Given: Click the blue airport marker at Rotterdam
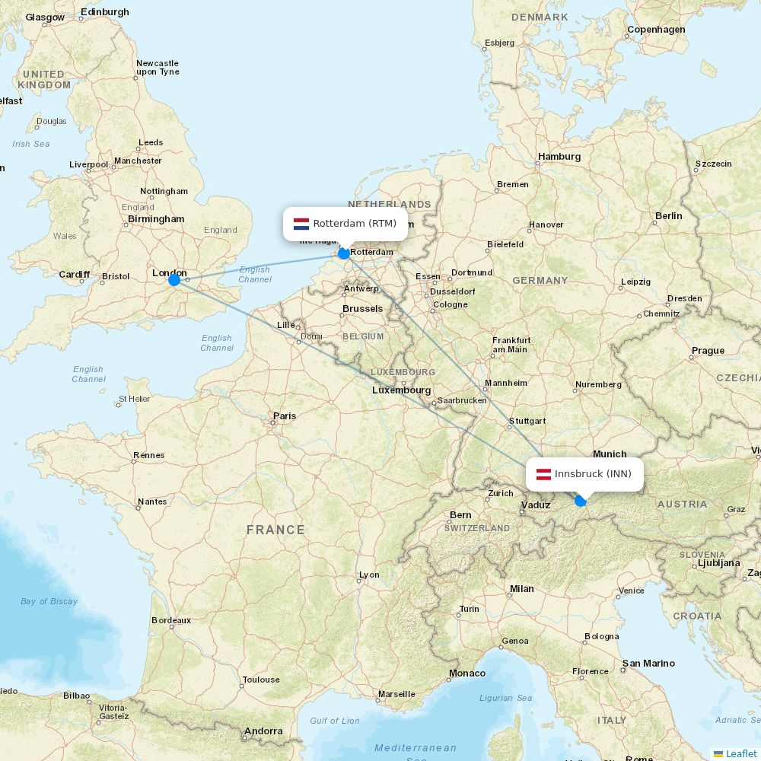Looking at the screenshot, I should pyautogui.click(x=344, y=253).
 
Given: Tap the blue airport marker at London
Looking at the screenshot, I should pyautogui.click(x=174, y=280).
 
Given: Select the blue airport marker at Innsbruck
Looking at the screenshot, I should pyautogui.click(x=581, y=500).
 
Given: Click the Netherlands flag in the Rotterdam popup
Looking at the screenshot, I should pyautogui.click(x=301, y=224).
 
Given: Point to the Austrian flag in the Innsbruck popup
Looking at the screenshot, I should pyautogui.click(x=543, y=474).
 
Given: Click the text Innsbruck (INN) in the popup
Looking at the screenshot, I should pyautogui.click(x=593, y=474).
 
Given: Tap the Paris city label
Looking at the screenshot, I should pyautogui.click(x=285, y=416).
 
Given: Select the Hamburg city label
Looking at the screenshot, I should pyautogui.click(x=559, y=157).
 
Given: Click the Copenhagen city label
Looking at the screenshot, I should pyautogui.click(x=656, y=30).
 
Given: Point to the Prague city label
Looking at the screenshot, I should pyautogui.click(x=708, y=351).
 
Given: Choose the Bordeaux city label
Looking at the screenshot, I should pyautogui.click(x=171, y=620).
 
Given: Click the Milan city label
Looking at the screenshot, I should pyautogui.click(x=522, y=589).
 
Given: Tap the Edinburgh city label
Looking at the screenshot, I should pyautogui.click(x=105, y=12).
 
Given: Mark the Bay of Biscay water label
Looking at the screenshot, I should pyautogui.click(x=49, y=601).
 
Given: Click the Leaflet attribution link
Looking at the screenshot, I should pyautogui.click(x=740, y=753).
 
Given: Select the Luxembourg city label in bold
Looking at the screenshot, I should pyautogui.click(x=401, y=390).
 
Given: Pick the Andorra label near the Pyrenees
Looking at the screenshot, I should pyautogui.click(x=263, y=732).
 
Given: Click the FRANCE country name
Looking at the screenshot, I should pyautogui.click(x=275, y=530).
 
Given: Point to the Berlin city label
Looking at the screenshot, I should pyautogui.click(x=669, y=216).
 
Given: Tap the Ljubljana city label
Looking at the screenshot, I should pyautogui.click(x=718, y=564).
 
